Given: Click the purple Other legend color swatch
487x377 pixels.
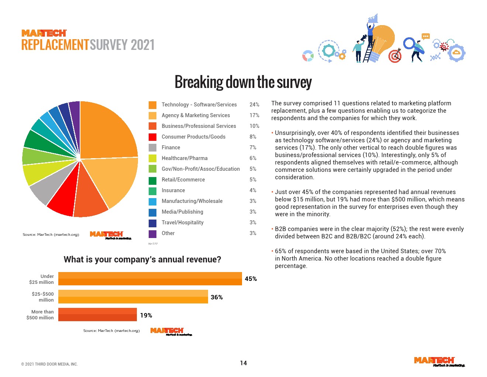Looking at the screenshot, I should click(x=152, y=234).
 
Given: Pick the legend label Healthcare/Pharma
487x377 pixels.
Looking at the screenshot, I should click(x=184, y=158).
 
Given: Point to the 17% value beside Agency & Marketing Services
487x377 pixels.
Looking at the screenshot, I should click(x=254, y=115).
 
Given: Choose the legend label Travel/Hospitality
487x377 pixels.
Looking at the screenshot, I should click(x=183, y=223).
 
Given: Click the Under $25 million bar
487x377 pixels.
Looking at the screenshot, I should click(x=150, y=279).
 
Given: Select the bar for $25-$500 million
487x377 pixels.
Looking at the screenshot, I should click(x=133, y=297).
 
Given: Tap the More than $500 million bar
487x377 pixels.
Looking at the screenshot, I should click(x=97, y=315).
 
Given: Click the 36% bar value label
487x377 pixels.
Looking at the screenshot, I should click(x=217, y=297).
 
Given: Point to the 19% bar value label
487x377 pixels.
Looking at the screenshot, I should click(x=146, y=315).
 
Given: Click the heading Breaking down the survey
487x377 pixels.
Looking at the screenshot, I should click(x=243, y=82).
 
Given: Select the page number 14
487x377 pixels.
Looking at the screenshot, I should click(x=243, y=363).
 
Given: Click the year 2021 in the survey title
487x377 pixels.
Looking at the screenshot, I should click(x=142, y=45).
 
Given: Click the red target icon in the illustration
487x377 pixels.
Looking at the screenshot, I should click(x=395, y=56).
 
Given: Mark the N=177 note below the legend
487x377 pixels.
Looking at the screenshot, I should click(x=153, y=244).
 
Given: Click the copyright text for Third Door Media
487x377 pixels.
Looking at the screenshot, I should click(x=49, y=364).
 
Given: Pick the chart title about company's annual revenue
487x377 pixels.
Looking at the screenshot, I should click(x=142, y=259).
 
